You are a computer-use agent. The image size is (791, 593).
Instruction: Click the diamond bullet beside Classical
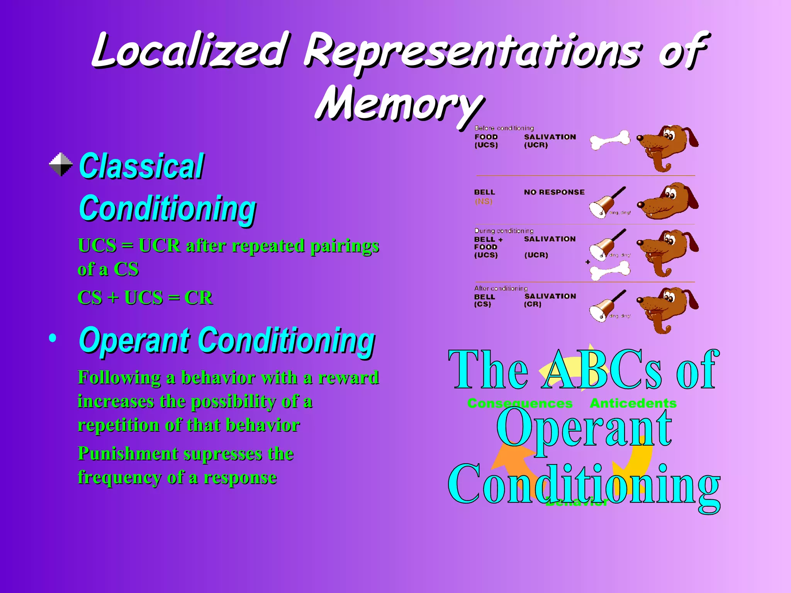pos(61,164)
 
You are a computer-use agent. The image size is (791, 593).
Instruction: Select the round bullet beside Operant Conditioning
pos(53,339)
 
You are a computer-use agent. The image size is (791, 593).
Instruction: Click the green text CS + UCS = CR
pos(145,298)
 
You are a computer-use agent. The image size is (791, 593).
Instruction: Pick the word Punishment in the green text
pos(127,454)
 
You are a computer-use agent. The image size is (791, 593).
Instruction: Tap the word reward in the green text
pos(348,378)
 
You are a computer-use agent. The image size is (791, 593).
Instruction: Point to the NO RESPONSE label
pos(554,192)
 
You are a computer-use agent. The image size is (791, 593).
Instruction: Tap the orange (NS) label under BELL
pos(484,201)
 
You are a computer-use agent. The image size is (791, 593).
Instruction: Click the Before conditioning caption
pos(504,128)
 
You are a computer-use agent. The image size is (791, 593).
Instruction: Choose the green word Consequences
pos(519,403)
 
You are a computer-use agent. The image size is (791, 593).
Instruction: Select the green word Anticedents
pos(633,403)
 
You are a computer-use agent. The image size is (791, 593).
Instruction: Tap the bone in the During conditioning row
pos(610,270)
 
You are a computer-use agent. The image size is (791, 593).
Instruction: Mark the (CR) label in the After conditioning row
pos(533,304)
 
